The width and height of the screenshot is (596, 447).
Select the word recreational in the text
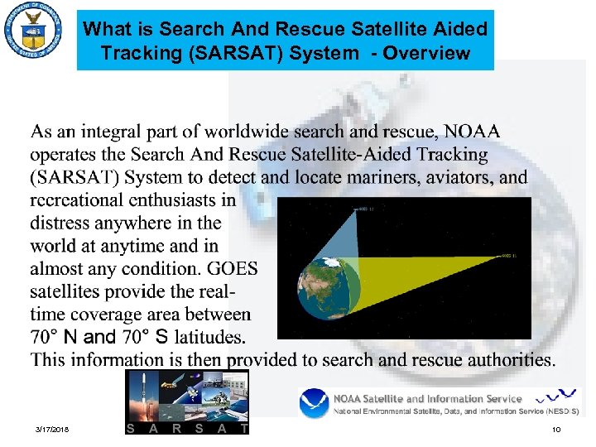tap(79, 200)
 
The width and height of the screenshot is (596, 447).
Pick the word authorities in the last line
tap(506, 360)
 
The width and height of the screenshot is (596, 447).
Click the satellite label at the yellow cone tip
tap(509, 257)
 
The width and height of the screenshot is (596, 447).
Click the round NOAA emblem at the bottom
tap(315, 403)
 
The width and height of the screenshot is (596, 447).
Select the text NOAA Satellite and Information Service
tap(427, 398)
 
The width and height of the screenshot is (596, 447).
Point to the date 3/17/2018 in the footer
tap(53, 430)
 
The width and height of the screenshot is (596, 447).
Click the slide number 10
tap(555, 430)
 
